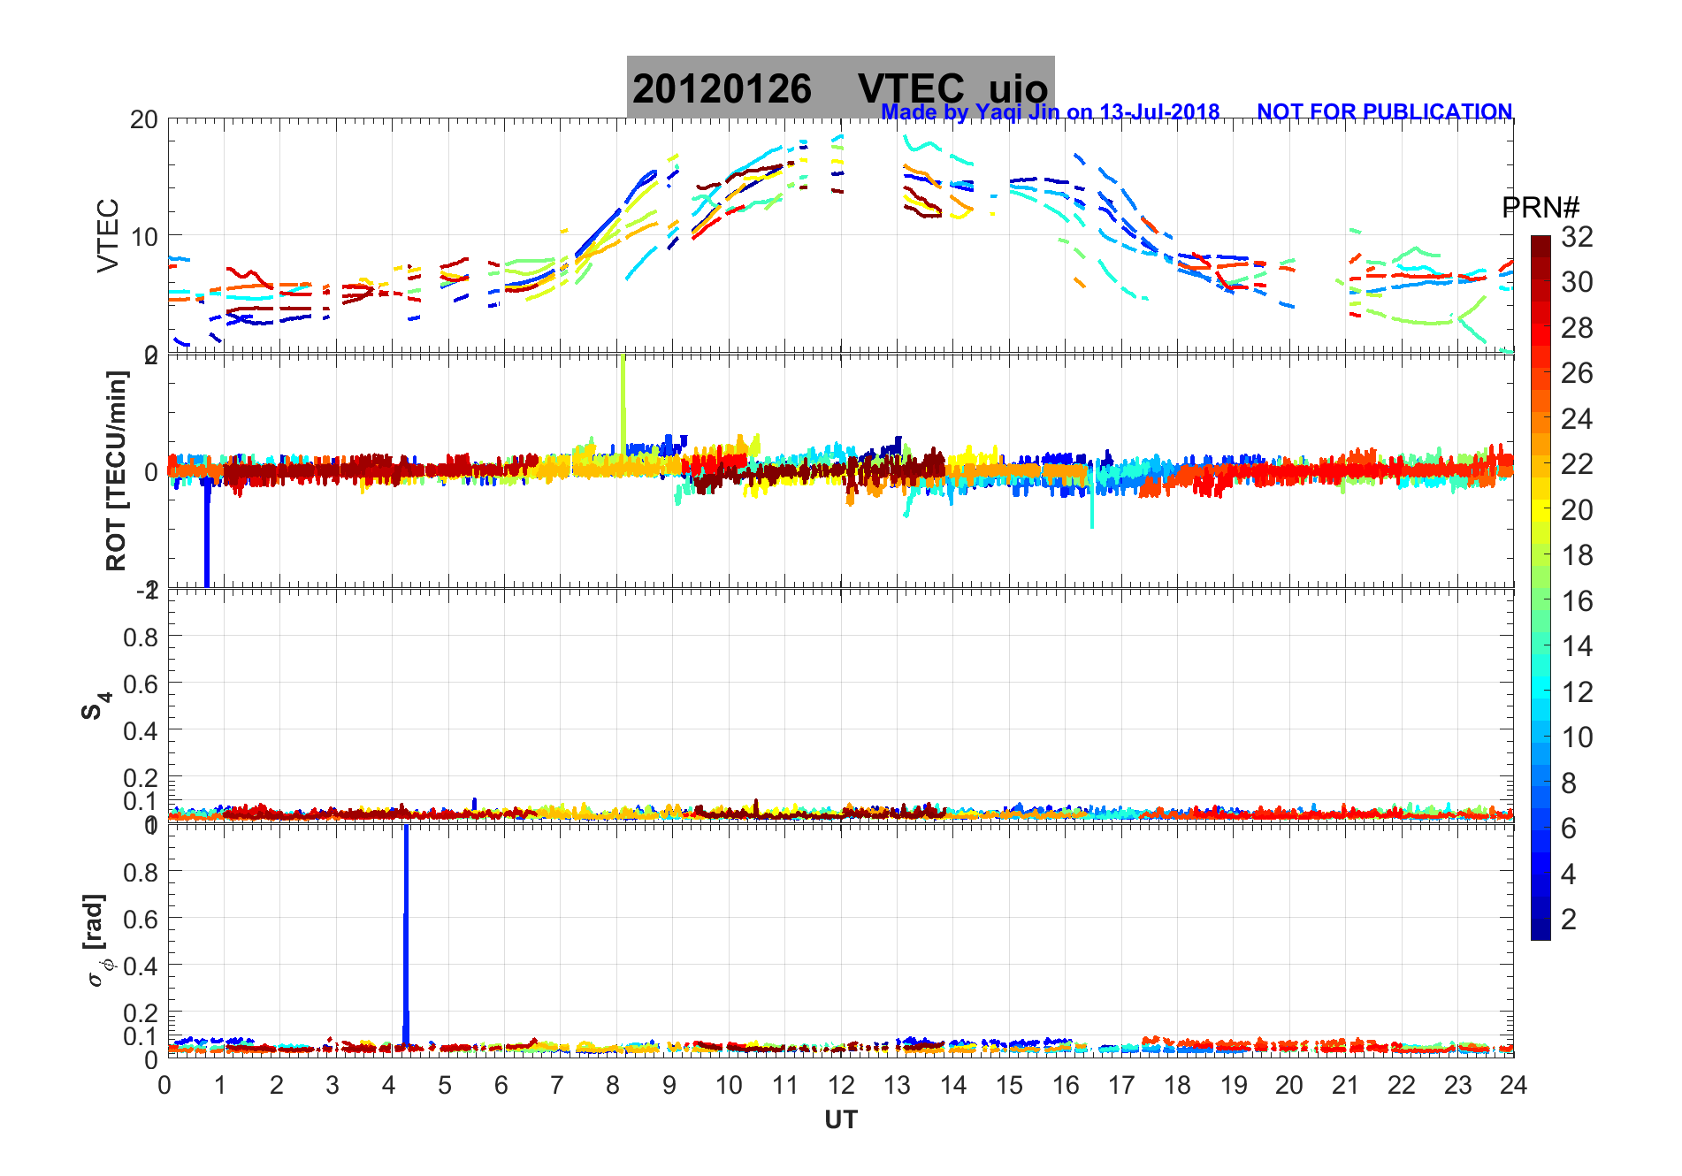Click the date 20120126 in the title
(x=722, y=89)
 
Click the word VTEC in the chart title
(x=911, y=89)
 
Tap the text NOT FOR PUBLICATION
(x=1384, y=112)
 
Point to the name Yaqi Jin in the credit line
(x=1016, y=112)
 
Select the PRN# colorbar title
(x=1541, y=208)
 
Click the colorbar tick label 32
(x=1577, y=236)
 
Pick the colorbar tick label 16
(x=1577, y=601)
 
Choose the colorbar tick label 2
(x=1569, y=920)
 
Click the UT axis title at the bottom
(x=841, y=1120)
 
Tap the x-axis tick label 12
(x=841, y=1086)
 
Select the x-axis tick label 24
(x=1513, y=1086)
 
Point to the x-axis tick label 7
(x=557, y=1086)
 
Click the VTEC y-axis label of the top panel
(x=108, y=235)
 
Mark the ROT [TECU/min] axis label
(x=116, y=470)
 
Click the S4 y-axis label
(x=96, y=706)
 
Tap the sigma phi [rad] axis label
(x=99, y=940)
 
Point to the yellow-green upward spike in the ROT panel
(x=623, y=398)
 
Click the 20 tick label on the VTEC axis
(x=144, y=119)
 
